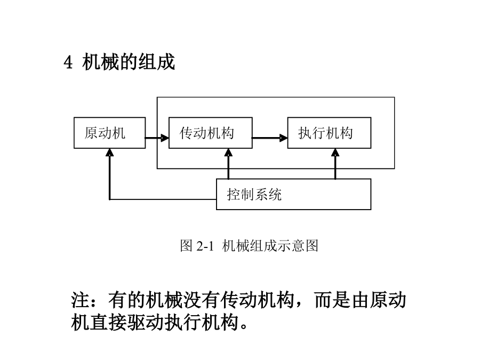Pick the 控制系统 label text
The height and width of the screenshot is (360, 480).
click(x=254, y=194)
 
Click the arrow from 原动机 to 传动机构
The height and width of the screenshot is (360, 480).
click(x=157, y=138)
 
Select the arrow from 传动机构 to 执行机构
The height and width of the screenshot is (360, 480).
click(x=270, y=138)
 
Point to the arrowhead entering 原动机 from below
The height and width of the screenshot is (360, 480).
click(x=109, y=152)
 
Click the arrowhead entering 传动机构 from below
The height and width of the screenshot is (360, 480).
click(x=228, y=152)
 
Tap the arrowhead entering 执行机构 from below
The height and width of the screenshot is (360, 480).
click(x=335, y=152)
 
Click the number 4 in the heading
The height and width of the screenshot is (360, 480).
click(x=68, y=62)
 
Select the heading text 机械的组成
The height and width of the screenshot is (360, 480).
click(x=129, y=62)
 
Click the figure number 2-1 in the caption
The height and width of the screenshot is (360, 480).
click(x=205, y=246)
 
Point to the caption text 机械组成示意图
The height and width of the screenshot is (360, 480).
click(x=270, y=245)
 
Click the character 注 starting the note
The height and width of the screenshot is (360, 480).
click(x=80, y=300)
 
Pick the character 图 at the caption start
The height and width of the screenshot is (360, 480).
click(x=187, y=245)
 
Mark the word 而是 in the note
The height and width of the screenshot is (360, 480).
click(x=332, y=300)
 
